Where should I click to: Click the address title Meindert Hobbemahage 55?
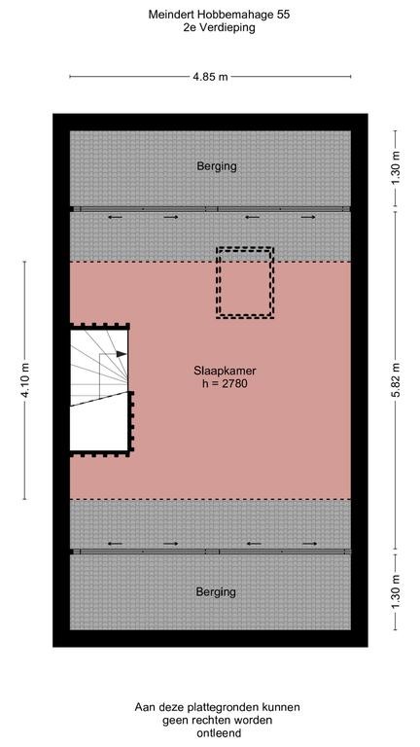coord(210,16)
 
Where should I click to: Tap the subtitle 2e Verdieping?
coord(210,29)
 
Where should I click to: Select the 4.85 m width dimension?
coord(210,76)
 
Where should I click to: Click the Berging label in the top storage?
coord(216,166)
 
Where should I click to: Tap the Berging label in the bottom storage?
coord(216,591)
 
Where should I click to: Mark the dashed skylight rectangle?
coord(244,282)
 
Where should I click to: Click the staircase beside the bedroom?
coord(99,389)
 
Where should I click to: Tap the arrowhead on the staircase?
coord(122,355)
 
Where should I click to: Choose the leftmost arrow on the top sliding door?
coord(115,218)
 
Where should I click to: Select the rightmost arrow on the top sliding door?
coord(308,218)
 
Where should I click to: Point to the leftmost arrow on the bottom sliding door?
coord(115,543)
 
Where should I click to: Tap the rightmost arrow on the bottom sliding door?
coord(308,543)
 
